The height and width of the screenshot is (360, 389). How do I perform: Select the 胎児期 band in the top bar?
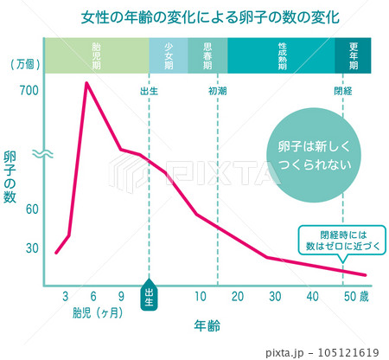pos(96,55)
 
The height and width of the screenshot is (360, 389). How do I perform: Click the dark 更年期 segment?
pos(354,55)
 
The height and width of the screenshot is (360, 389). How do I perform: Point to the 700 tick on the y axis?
pos(19,90)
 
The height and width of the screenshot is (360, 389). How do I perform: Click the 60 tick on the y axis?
pos(32,209)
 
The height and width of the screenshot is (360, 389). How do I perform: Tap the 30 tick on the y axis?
pos(32,248)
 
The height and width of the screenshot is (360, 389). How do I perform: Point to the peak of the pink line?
pos(86,83)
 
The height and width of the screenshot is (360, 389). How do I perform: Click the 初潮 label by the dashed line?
pos(217,90)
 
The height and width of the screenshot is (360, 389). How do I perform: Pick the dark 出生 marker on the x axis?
pos(149,296)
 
